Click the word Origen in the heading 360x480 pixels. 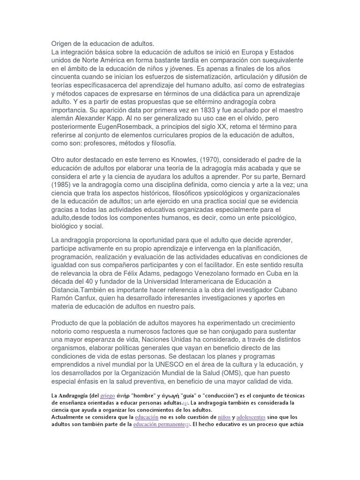coord(63,44)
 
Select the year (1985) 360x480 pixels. coord(63,185)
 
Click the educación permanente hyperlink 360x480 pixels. coord(160,424)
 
